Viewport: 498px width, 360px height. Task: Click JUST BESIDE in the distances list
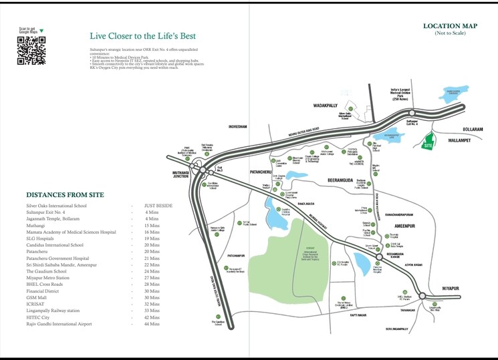click(x=158, y=206)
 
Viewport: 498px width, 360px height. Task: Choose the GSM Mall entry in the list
click(x=38, y=297)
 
